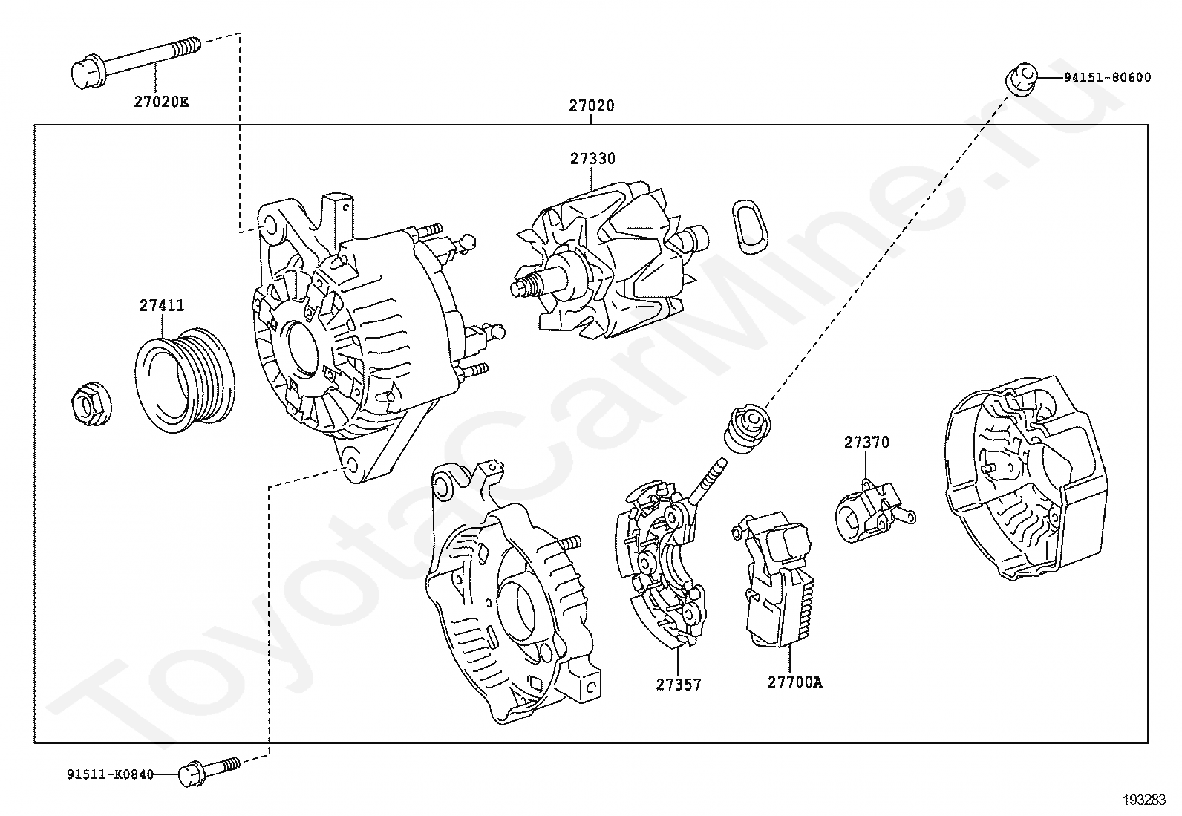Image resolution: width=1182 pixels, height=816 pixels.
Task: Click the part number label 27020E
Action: pos(161,102)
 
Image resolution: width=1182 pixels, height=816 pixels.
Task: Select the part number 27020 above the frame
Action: pos(592,106)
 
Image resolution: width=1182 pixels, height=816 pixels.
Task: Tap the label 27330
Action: pos(592,159)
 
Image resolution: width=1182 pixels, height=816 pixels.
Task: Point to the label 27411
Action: pos(162,306)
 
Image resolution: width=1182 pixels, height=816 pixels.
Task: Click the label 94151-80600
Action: pos(1107,77)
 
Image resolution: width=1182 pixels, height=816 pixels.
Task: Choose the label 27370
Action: pos(866,443)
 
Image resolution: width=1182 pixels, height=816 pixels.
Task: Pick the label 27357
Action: pos(678,684)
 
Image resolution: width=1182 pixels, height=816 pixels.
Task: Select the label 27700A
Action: pos(794,682)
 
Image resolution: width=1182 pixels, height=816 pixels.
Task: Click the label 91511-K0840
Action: pos(110,775)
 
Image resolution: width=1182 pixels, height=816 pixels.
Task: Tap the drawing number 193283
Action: pos(1144,800)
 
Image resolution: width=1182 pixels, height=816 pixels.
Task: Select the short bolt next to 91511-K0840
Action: pos(208,770)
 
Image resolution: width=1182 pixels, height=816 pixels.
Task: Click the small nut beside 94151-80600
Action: pos(1019,79)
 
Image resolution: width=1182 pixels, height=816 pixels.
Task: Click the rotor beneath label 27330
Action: pos(609,267)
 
